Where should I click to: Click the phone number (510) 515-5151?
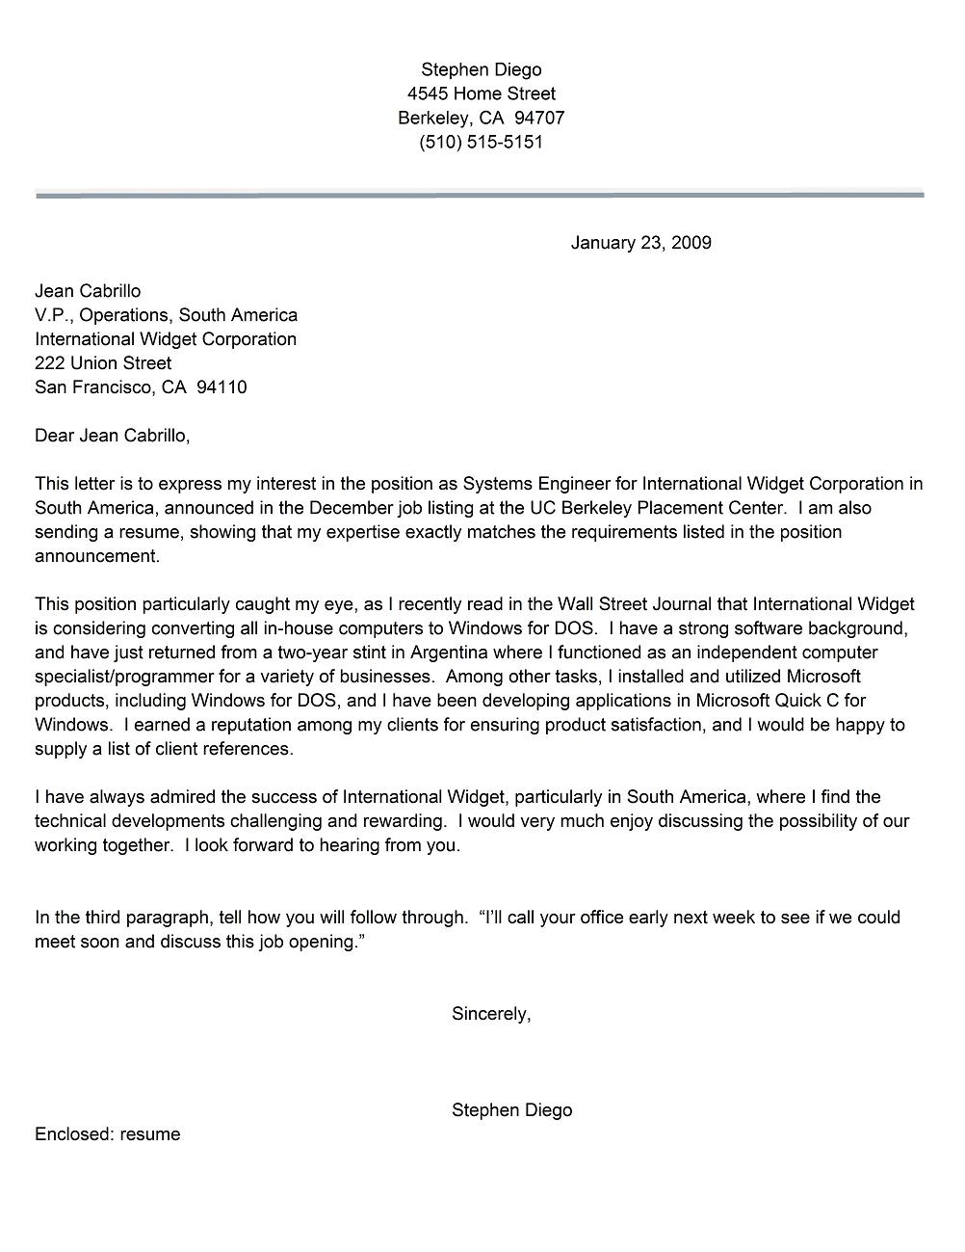click(x=481, y=142)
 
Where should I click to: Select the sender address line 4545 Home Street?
click(x=481, y=93)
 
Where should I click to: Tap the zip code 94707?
click(x=539, y=118)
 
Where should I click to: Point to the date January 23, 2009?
click(x=640, y=243)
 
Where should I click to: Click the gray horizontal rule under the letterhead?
click(x=480, y=195)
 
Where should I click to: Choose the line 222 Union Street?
click(x=103, y=363)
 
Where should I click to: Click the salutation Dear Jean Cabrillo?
click(x=112, y=436)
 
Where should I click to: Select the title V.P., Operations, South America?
click(x=166, y=315)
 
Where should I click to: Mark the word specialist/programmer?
click(x=123, y=677)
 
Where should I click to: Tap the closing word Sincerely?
click(x=491, y=1014)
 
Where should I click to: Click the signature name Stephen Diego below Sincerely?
click(x=511, y=1110)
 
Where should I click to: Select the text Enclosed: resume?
click(x=108, y=1134)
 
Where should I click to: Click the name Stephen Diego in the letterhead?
click(x=481, y=69)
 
